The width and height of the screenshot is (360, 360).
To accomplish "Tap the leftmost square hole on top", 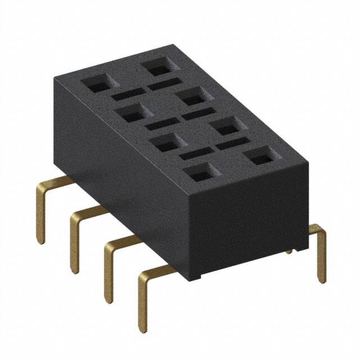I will click(96, 84).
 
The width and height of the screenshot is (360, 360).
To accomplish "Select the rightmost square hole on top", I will click(260, 156).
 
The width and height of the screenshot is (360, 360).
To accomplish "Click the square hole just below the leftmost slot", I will click(130, 113).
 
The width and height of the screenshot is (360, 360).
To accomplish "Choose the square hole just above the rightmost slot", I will click(226, 127).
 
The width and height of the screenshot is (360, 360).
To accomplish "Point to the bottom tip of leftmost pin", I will click(41, 241).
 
